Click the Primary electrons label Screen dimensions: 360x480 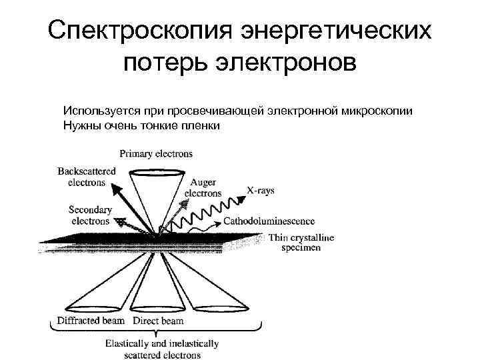[156, 153]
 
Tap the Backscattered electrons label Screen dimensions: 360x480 [87, 176]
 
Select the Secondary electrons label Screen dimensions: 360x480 [90, 215]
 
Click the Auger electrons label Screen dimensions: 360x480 [203, 187]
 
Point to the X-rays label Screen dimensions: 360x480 [261, 191]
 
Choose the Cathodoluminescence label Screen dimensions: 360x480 [269, 220]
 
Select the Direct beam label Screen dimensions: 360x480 [158, 321]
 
